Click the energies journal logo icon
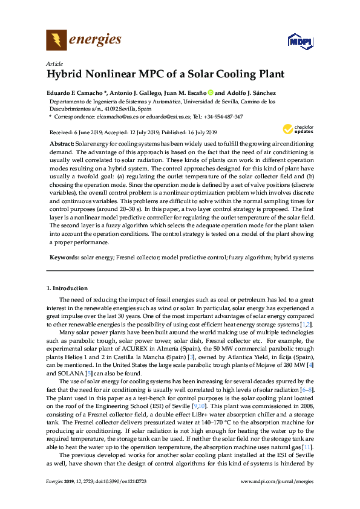click(x=56, y=40)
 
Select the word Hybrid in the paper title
click(x=65, y=75)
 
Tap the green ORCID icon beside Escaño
click(x=211, y=92)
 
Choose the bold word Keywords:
click(x=64, y=257)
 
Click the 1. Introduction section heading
click(x=67, y=288)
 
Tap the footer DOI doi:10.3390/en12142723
click(x=114, y=498)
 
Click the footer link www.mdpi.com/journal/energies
click(x=278, y=498)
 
